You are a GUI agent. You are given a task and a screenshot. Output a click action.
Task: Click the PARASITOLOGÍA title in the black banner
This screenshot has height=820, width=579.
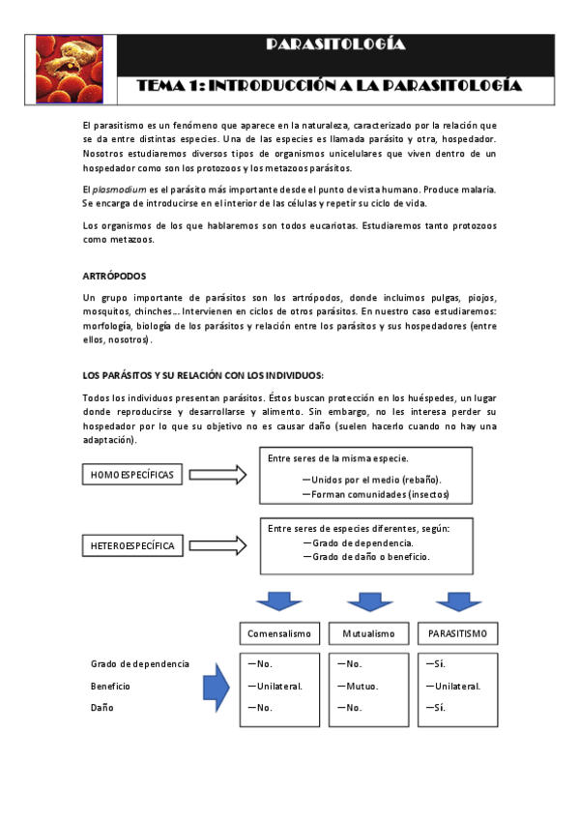(x=335, y=45)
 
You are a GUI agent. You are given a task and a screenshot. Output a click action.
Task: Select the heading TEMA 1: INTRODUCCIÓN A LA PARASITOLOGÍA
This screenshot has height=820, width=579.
(x=330, y=86)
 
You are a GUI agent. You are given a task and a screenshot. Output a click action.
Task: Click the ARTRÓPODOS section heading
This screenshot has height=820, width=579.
(x=114, y=277)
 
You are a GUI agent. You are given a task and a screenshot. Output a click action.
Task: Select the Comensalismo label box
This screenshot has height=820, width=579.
(x=279, y=633)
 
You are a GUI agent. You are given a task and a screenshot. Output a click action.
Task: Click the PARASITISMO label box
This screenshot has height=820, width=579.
(x=457, y=633)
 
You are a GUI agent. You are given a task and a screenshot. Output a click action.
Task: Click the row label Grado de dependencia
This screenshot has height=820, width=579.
(x=140, y=664)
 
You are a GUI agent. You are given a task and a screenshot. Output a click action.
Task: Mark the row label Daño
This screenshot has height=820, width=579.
(x=103, y=708)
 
